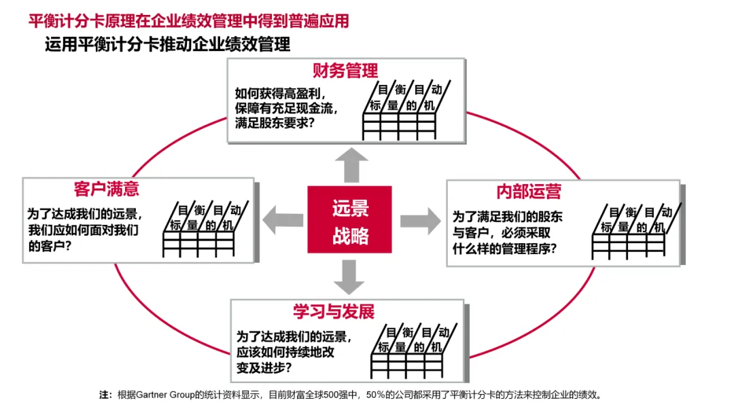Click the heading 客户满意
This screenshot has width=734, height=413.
107,188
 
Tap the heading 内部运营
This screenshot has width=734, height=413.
529,191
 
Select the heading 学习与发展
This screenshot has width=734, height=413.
334,312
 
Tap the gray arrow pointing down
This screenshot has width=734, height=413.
351,276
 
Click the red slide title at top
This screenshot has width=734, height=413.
188,21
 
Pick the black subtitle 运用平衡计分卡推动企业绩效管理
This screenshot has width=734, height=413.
167,45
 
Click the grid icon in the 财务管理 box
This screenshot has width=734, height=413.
408,109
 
